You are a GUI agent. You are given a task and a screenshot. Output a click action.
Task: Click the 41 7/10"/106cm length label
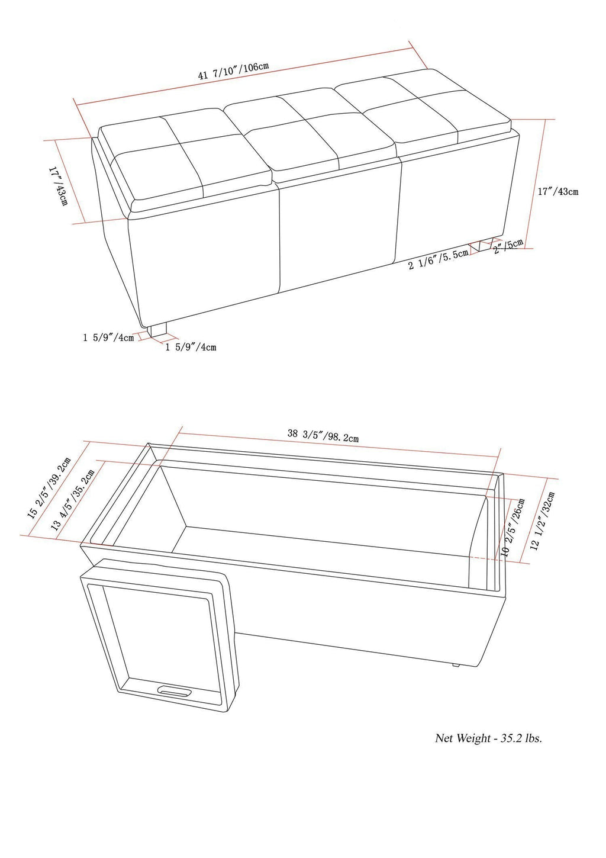(234, 70)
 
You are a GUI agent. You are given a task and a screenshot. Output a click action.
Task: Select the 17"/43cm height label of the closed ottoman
(557, 191)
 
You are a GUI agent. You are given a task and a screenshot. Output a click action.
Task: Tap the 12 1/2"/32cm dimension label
(544, 521)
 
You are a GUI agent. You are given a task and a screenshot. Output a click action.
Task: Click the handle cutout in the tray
(174, 690)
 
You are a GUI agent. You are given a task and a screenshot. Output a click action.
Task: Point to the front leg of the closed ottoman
(158, 330)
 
